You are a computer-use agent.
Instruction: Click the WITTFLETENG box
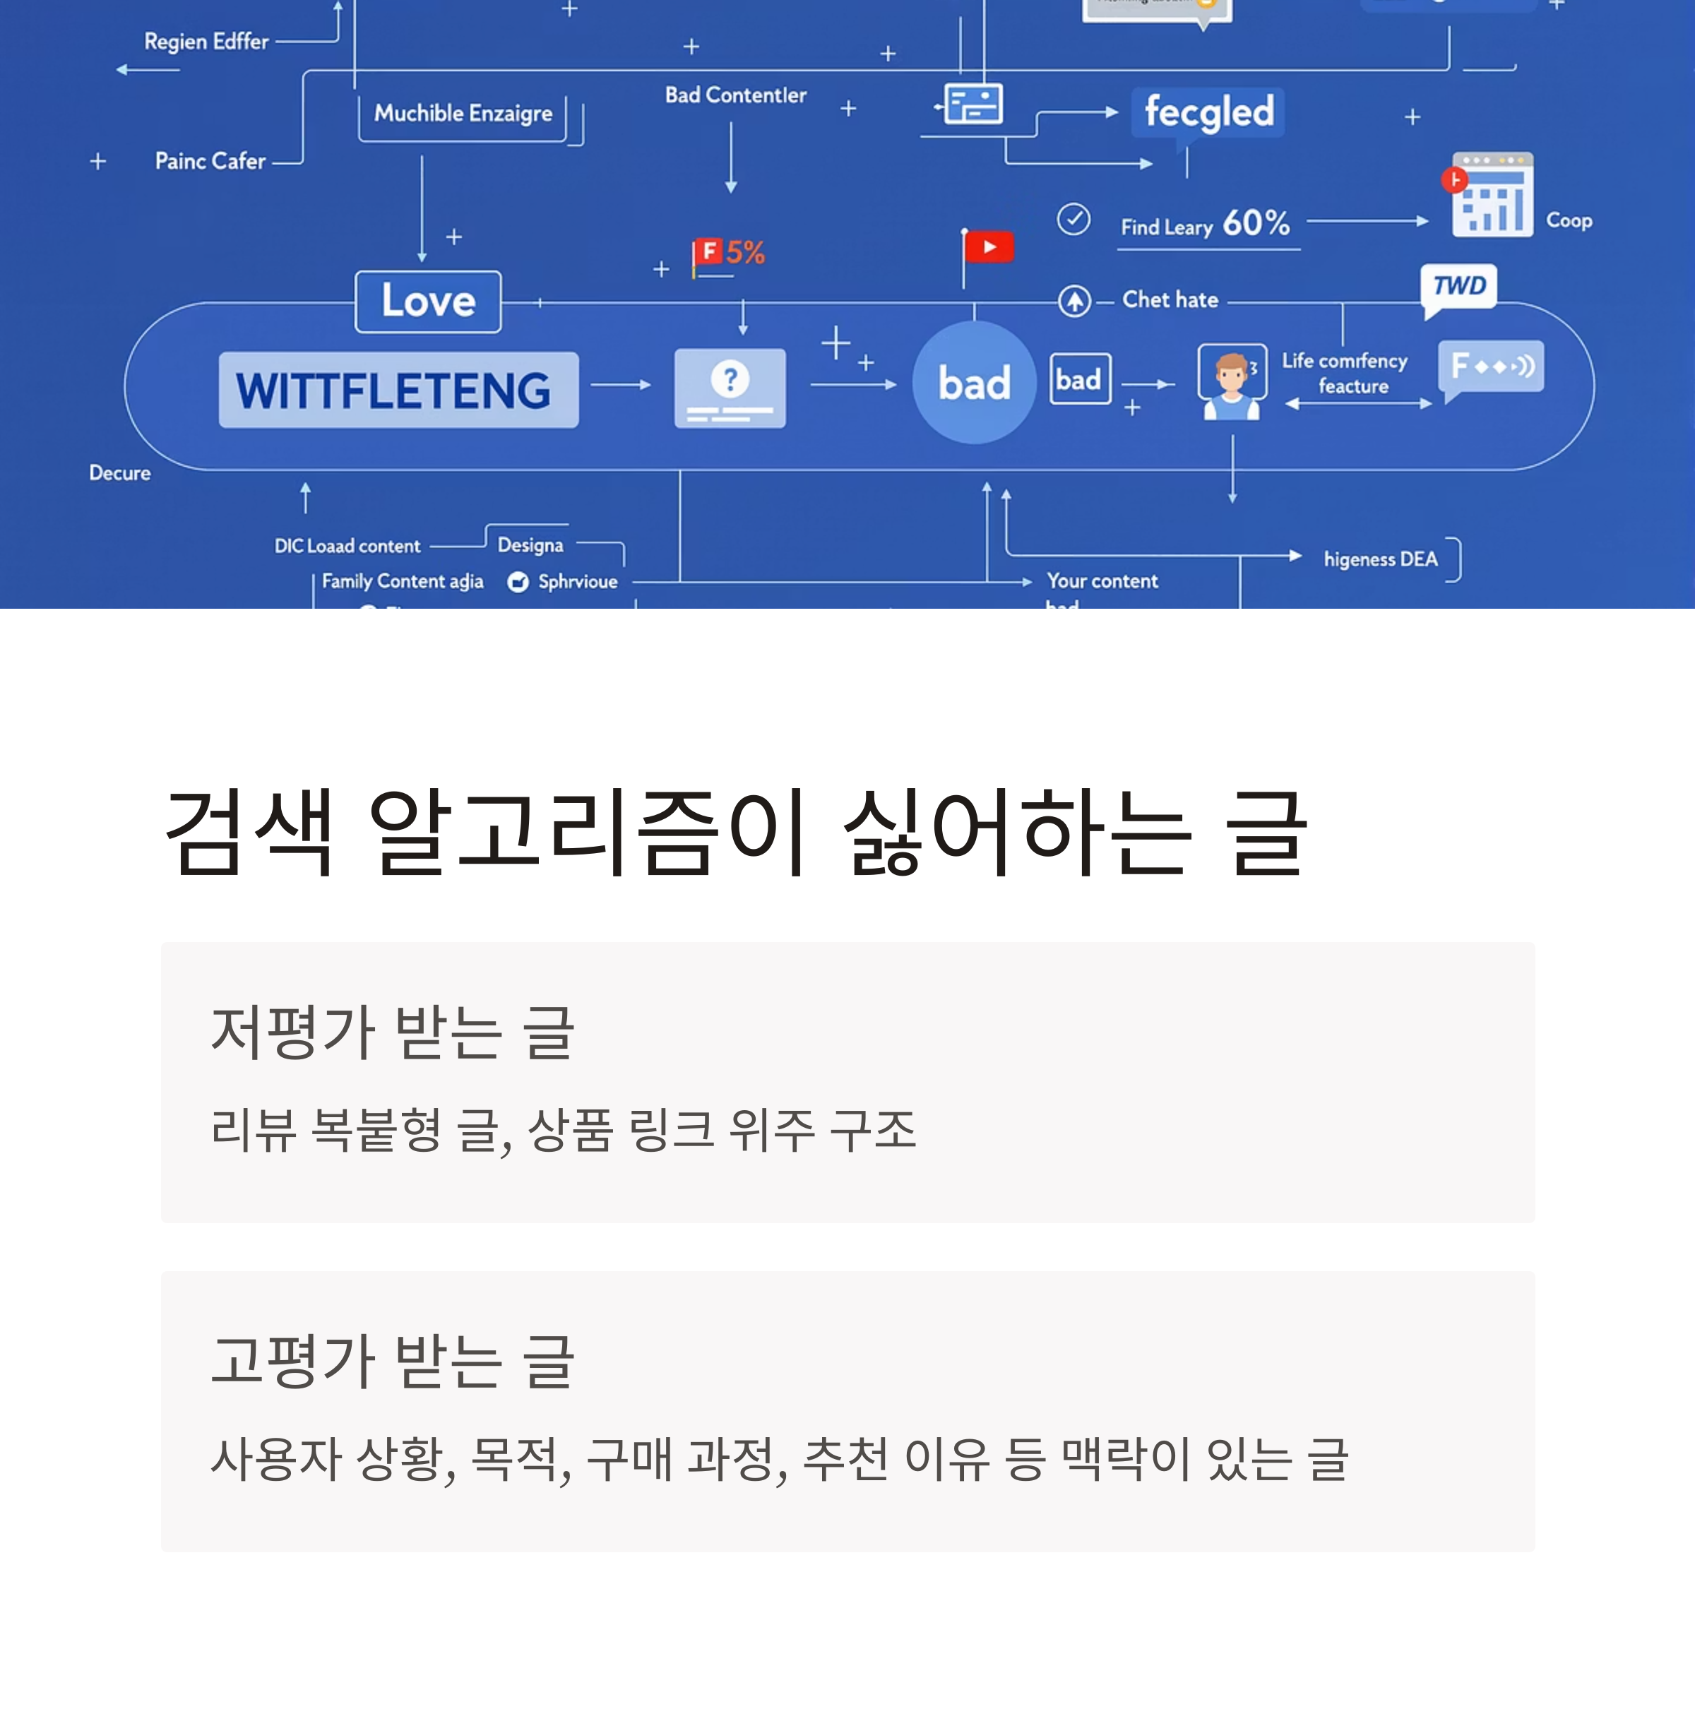398,390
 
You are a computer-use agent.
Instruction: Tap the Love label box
428,302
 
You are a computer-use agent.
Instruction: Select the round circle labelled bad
974,383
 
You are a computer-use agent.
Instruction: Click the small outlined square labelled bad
1079,379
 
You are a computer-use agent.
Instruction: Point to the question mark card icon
730,388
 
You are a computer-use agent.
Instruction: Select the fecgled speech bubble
1208,112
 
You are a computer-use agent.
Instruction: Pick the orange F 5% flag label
729,253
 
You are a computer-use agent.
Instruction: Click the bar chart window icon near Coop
1492,196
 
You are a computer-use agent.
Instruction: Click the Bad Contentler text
735,95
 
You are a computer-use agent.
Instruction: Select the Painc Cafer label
210,161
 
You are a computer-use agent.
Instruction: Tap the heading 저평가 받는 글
393,1032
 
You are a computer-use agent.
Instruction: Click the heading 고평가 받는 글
393,1360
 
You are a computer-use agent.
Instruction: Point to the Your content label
1102,581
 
